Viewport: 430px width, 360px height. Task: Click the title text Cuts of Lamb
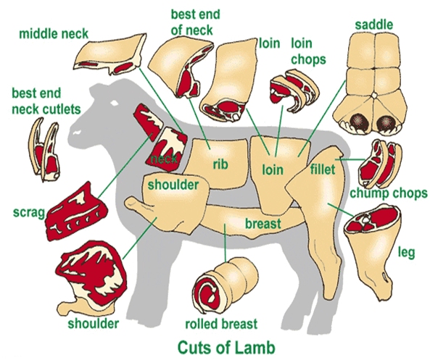tap(226, 348)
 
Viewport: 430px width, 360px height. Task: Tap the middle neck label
tap(54, 34)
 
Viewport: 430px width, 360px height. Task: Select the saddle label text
tap(374, 25)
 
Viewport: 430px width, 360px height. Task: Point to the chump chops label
tap(389, 193)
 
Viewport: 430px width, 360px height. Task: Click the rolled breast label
tap(221, 324)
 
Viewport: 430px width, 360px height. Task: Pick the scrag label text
tap(29, 212)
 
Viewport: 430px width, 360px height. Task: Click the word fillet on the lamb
tap(323, 169)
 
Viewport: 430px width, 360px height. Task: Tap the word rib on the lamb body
tap(220, 164)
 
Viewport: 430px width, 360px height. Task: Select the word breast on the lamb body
tap(263, 223)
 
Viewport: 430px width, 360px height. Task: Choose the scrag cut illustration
tap(76, 212)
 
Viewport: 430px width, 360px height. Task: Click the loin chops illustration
tap(294, 91)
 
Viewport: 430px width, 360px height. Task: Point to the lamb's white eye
tap(114, 103)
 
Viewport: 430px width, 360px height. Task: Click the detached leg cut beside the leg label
tap(373, 251)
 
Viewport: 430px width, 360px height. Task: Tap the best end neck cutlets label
tap(46, 101)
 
